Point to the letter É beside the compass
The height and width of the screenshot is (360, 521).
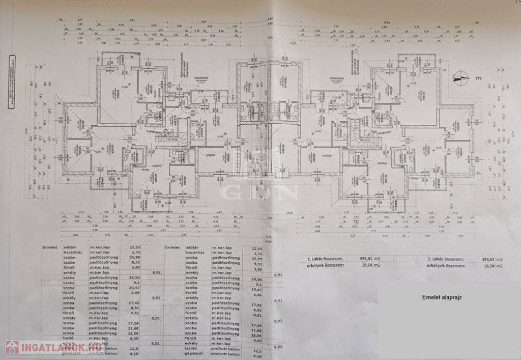[478, 79]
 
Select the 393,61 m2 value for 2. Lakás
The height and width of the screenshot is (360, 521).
[492, 259]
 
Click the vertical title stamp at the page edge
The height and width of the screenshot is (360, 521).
[11, 81]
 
